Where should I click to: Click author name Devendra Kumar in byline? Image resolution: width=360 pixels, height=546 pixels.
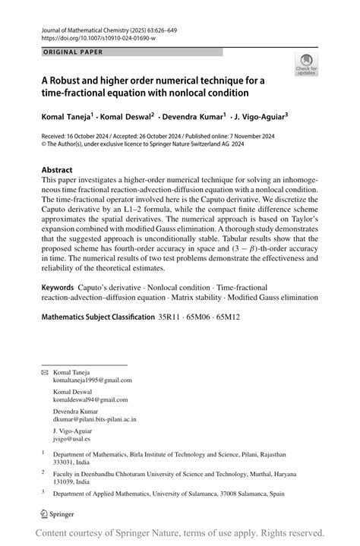(x=192, y=118)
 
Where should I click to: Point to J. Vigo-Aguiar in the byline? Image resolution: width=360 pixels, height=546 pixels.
(x=259, y=118)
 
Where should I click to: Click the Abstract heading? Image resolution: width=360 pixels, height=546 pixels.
(x=58, y=170)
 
